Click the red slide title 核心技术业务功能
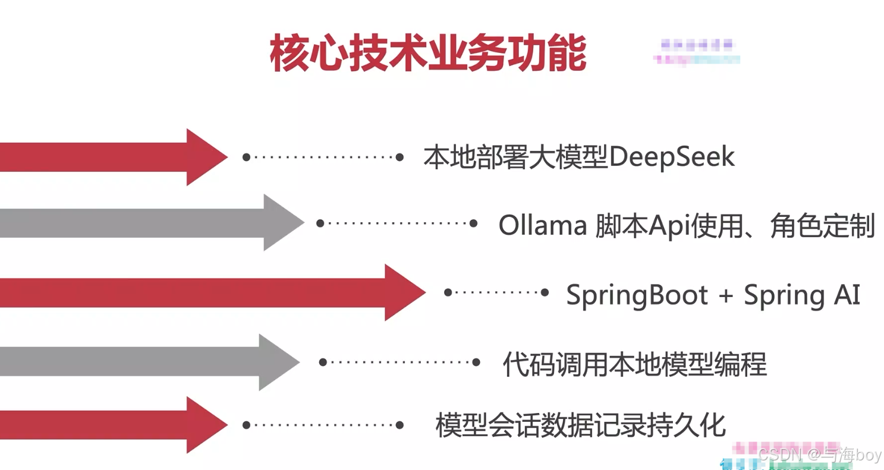[428, 54]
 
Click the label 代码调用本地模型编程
[635, 364]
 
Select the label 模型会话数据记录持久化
[581, 425]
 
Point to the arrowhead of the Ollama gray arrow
[282, 223]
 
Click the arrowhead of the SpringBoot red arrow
[404, 292]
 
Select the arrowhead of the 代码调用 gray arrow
[278, 362]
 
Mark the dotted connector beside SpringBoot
[497, 292]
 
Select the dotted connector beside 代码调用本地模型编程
[399, 362]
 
